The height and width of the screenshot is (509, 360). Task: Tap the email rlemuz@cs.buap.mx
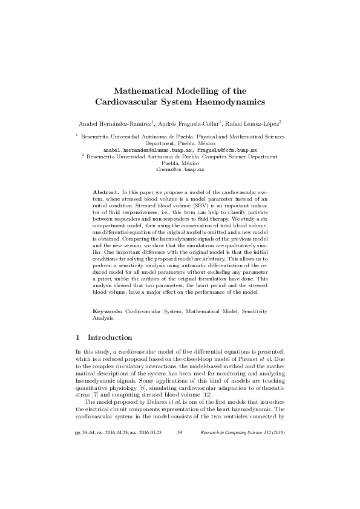[180, 170]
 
